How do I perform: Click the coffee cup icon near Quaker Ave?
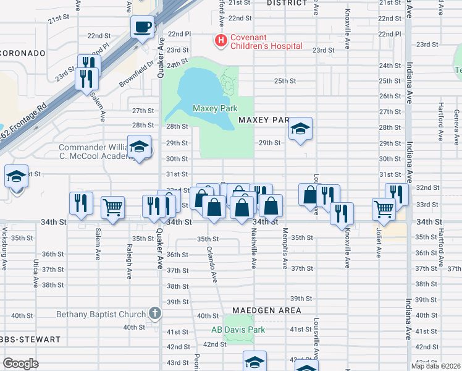tap(143, 27)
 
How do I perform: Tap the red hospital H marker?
tap(219, 41)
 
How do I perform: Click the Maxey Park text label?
tap(215, 109)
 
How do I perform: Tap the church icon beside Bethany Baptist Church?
tap(154, 313)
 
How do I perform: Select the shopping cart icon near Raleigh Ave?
tap(113, 208)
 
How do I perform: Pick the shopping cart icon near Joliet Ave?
tap(384, 209)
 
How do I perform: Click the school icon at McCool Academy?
tap(140, 148)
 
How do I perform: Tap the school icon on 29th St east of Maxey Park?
tap(301, 129)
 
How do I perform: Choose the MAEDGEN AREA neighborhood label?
tap(267, 310)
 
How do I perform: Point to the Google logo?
tap(20, 364)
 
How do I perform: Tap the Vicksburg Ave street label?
tap(4, 252)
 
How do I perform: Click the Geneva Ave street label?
tap(456, 121)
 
